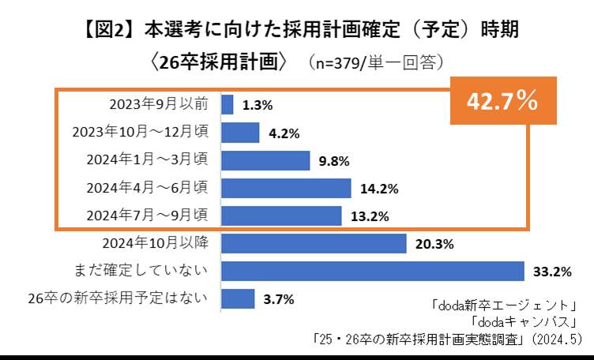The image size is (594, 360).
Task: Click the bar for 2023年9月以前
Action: click(x=227, y=105)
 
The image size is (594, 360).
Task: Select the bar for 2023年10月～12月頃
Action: click(x=240, y=133)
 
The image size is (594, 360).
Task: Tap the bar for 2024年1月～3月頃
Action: click(x=265, y=160)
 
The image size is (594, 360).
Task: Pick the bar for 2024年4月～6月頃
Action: click(x=286, y=188)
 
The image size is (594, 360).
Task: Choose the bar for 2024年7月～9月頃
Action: click(x=281, y=216)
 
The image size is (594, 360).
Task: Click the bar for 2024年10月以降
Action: click(x=314, y=243)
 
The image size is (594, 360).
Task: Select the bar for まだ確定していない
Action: click(x=373, y=271)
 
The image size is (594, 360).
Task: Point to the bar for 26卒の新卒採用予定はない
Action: click(x=238, y=298)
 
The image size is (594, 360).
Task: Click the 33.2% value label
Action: click(x=552, y=272)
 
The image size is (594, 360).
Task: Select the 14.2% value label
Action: click(x=378, y=189)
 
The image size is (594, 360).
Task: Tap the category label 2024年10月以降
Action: click(x=156, y=242)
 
